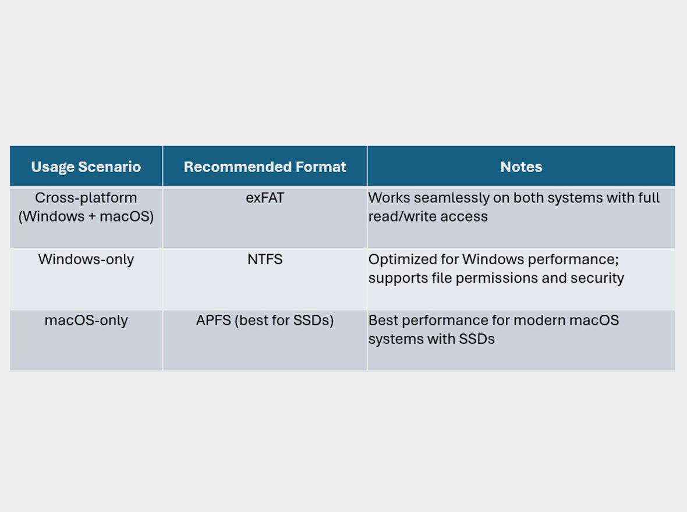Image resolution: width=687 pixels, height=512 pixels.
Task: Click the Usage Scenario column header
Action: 86,167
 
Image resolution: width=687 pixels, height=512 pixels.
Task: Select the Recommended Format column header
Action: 265,167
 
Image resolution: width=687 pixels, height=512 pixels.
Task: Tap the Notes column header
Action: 521,167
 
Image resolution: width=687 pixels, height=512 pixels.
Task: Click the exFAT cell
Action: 265,198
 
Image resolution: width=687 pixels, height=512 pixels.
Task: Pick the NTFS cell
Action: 265,259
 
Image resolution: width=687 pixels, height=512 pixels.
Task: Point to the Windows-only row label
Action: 86,259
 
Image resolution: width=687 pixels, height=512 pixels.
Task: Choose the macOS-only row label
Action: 86,321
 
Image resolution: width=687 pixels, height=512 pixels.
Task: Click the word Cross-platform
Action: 86,198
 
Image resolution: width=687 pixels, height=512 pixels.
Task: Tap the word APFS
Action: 213,321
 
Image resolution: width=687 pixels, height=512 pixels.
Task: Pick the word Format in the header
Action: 321,167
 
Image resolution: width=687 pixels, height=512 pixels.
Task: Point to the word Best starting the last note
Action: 383,321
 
